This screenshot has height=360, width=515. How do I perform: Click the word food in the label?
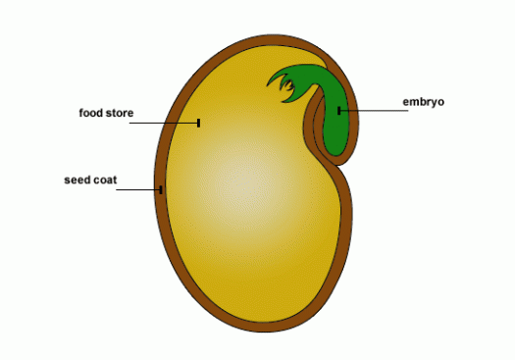pyautogui.click(x=91, y=113)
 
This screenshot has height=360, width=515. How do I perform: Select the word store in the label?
pyautogui.click(x=120, y=113)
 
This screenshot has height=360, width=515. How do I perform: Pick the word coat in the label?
pyautogui.click(x=105, y=180)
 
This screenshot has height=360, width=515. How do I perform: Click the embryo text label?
pyautogui.click(x=424, y=102)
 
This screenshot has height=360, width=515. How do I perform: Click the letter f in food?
pyautogui.click(x=81, y=113)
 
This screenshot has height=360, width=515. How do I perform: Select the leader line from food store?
pyautogui.click(x=164, y=123)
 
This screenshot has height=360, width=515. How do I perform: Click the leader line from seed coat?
pyautogui.click(x=138, y=190)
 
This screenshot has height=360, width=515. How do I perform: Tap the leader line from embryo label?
pyautogui.click(x=374, y=111)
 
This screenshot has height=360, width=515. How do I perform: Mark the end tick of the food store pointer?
pyautogui.click(x=199, y=123)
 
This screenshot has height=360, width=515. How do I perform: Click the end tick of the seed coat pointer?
pyautogui.click(x=161, y=190)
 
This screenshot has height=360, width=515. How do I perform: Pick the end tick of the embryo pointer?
pyautogui.click(x=339, y=111)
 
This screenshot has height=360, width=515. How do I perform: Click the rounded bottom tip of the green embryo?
pyautogui.click(x=335, y=154)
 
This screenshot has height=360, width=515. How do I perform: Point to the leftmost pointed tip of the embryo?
pyautogui.click(x=268, y=85)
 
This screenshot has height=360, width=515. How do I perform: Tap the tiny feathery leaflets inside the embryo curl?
pyautogui.click(x=286, y=85)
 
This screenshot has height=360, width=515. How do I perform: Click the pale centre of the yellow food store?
pyautogui.click(x=244, y=185)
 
